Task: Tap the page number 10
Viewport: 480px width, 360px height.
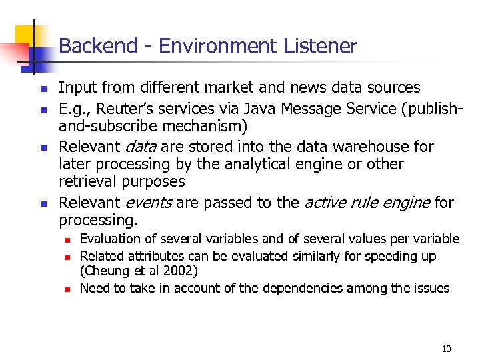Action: coord(447,349)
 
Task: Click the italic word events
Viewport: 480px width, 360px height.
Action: coord(148,203)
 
